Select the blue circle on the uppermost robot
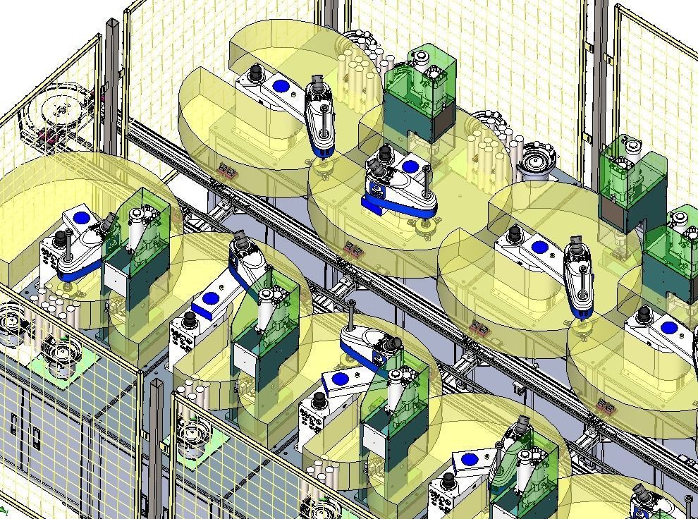pos(281,87)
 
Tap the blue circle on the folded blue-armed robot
pos(411,168)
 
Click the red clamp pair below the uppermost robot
pos(228,171)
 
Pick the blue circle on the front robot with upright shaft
pos(340,379)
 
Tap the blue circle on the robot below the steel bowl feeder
pos(540,248)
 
